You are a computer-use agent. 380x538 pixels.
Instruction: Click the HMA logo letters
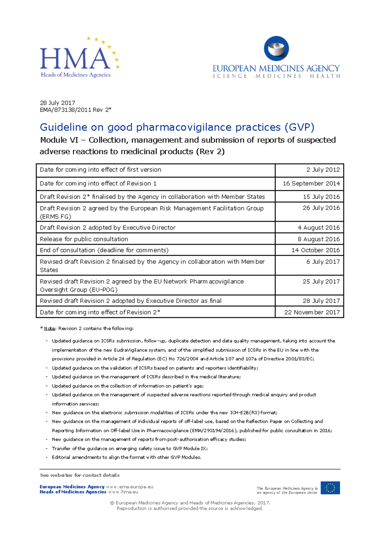[x=75, y=59]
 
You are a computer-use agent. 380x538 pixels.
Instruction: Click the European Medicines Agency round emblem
[x=276, y=48]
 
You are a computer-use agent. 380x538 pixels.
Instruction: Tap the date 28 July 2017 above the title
[x=57, y=103]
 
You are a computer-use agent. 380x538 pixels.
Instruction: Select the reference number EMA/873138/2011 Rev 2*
[x=75, y=110]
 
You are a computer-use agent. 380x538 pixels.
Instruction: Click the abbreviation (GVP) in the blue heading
[x=299, y=127]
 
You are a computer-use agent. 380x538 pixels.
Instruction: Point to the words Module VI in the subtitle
[x=59, y=140]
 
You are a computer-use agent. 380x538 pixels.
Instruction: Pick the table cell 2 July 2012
[x=323, y=170]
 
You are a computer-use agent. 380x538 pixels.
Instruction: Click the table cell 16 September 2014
[x=311, y=183]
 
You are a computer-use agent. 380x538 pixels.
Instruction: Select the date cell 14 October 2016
[x=315, y=250]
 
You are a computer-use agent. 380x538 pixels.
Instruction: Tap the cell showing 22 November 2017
[x=312, y=312]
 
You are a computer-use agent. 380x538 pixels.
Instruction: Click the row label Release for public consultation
[x=84, y=239]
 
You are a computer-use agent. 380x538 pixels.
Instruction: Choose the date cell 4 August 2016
[x=318, y=227]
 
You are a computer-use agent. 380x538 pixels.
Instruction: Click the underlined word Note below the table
[x=49, y=328]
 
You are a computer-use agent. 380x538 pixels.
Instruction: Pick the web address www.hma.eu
[x=123, y=492]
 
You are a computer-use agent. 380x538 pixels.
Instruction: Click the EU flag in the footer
[x=330, y=488]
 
